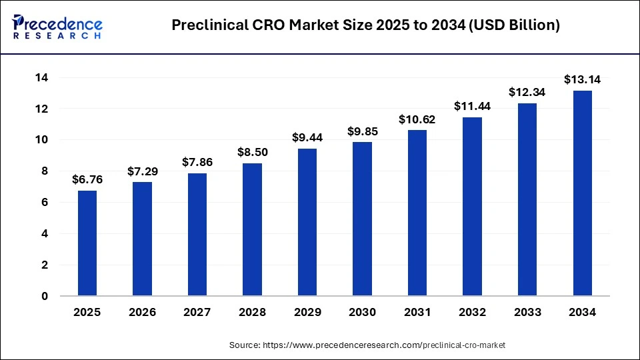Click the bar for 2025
pyautogui.click(x=87, y=243)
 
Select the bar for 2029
pyautogui.click(x=307, y=222)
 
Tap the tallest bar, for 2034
pyautogui.click(x=582, y=193)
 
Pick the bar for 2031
pyautogui.click(x=417, y=213)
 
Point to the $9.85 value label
pyautogui.click(x=362, y=131)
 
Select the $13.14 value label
pyautogui.click(x=582, y=79)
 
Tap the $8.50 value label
pyautogui.click(x=252, y=152)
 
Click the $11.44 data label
pyautogui.click(x=472, y=106)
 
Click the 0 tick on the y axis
pyautogui.click(x=44, y=296)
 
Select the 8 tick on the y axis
pyautogui.click(x=44, y=171)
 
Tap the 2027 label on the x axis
pyautogui.click(x=197, y=312)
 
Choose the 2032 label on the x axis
pyautogui.click(x=472, y=312)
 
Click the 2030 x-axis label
pyautogui.click(x=362, y=312)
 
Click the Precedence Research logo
pyautogui.click(x=57, y=27)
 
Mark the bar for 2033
pyautogui.click(x=527, y=199)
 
